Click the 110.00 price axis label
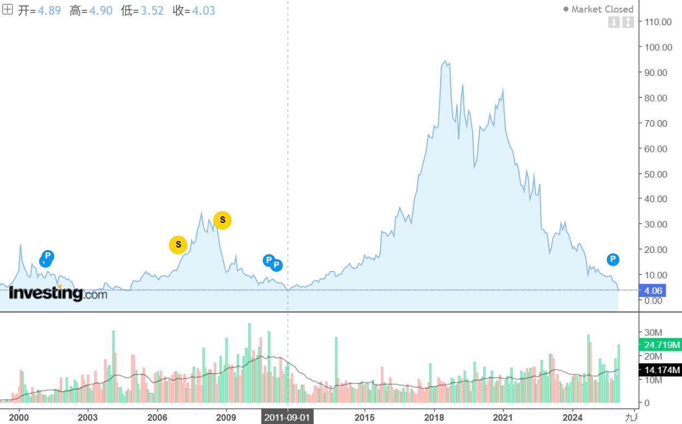coord(658,22)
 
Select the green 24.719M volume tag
coord(660,345)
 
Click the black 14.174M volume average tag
coord(660,370)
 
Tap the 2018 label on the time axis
coord(434,417)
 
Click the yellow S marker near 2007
coord(178,245)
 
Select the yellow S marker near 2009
coord(222,220)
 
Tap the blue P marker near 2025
coord(613,260)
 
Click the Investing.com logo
coord(58,293)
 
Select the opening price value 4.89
coord(49,10)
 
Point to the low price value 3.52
coord(152,10)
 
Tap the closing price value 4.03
coord(203,10)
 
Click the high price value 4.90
coord(100,10)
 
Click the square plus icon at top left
coord(8,10)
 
